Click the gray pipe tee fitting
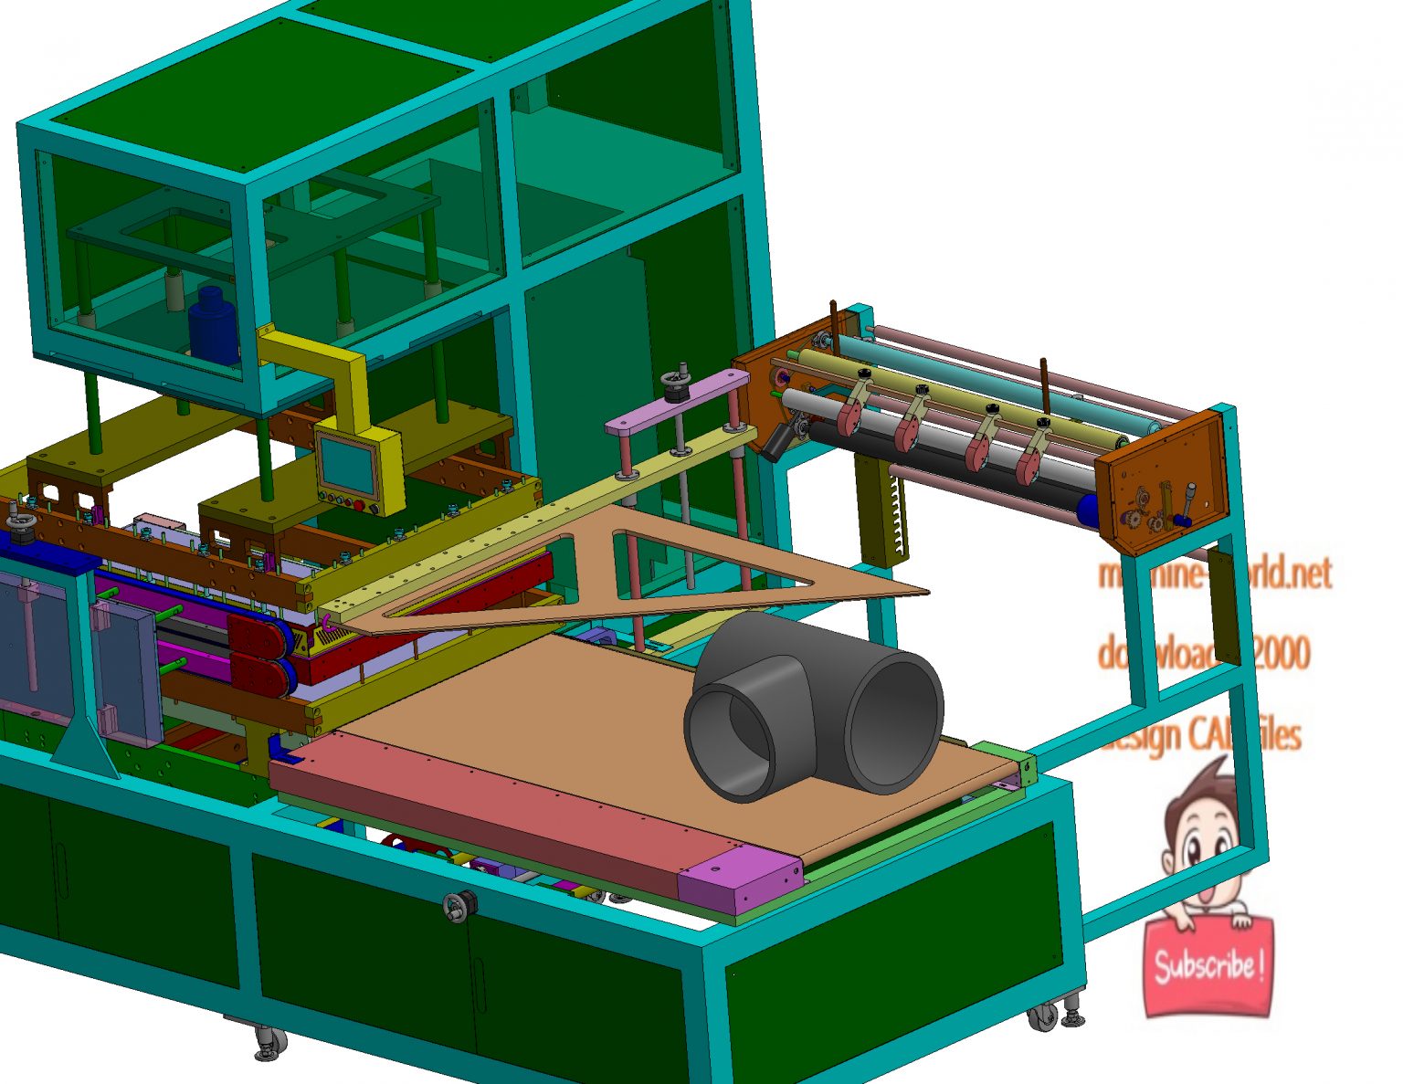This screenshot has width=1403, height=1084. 813,703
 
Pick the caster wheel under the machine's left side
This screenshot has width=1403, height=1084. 269,1043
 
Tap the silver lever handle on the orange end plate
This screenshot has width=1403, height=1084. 1190,500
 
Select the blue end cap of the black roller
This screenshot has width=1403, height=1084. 1089,510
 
